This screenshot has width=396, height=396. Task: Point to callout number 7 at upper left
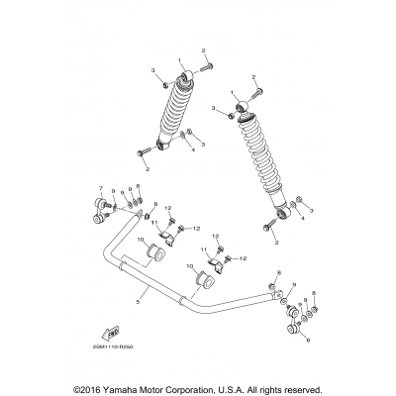pos(101,187)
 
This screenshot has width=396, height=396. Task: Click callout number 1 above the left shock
pos(179,60)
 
